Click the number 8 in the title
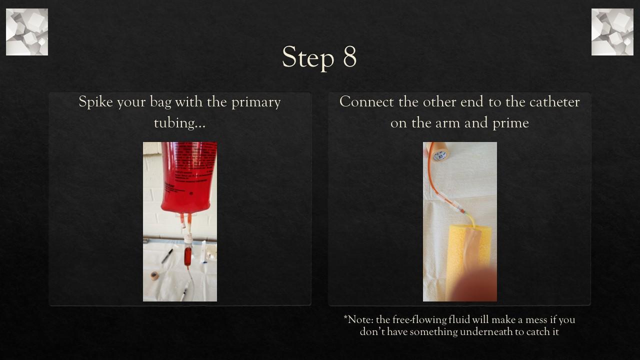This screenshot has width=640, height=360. point(349,57)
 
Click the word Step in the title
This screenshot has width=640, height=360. point(308,58)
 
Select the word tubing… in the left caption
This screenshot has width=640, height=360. point(179,122)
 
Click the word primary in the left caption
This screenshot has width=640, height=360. point(255,102)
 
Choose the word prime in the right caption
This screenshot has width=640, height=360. point(511,122)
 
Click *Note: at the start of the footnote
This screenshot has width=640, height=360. point(358,319)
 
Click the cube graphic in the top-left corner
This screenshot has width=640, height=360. point(27,32)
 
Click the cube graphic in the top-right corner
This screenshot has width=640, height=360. point(612,32)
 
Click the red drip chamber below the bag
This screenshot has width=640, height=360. point(187,256)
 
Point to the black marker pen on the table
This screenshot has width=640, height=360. point(167,255)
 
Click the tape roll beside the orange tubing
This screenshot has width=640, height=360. point(439,151)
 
